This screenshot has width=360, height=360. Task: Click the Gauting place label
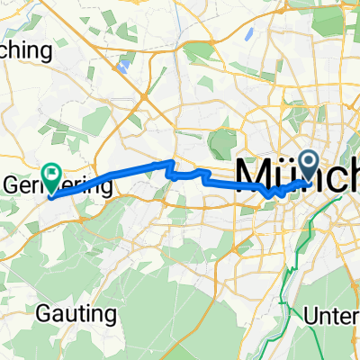(x=77, y=315)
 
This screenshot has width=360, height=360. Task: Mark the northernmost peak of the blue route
(x=172, y=163)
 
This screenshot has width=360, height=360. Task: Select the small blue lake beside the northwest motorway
(x=124, y=64)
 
